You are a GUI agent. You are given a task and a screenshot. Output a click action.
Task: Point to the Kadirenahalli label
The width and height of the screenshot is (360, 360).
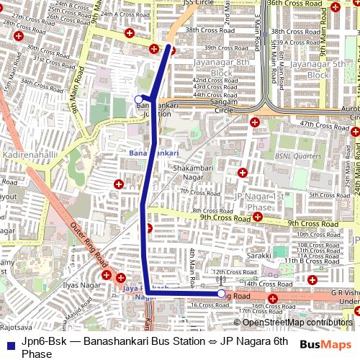point(24,156)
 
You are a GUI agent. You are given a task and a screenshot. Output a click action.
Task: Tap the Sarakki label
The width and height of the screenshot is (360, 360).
point(258,256)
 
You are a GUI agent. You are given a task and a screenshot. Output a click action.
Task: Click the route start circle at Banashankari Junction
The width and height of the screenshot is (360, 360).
point(138,99)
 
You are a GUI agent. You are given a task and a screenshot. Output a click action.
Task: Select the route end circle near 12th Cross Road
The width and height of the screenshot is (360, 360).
point(221,294)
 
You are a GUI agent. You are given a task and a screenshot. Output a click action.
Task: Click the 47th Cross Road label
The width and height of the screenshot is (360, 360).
point(324,125)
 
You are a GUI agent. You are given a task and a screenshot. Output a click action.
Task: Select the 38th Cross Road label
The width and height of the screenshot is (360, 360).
point(210,31)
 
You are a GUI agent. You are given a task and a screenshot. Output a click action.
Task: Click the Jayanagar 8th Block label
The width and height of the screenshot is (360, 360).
point(221,68)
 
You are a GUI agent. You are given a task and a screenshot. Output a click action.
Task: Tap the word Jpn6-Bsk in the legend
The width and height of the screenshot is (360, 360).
point(42,341)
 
